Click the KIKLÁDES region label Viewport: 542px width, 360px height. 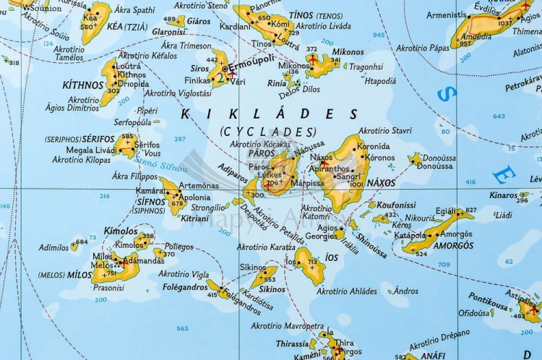click(268, 113)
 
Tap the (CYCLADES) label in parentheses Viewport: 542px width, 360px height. click(268, 131)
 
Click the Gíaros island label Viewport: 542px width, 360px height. click(199, 21)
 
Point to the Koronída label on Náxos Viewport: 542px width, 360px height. click(373, 146)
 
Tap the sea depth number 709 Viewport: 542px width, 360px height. click(443, 265)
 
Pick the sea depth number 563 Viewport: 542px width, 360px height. click(182, 328)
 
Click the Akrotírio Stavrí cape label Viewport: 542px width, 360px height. click(385, 131)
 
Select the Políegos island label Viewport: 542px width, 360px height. click(178, 246)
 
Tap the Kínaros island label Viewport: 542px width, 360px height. click(503, 194)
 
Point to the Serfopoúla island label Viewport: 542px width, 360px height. click(133, 122)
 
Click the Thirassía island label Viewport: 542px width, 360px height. click(292, 344)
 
